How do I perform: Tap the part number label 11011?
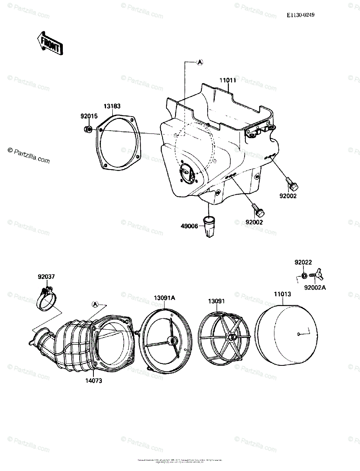(x=227, y=81)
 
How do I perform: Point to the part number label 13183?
(x=112, y=106)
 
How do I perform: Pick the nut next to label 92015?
(x=89, y=129)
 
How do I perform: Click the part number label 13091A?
(x=164, y=298)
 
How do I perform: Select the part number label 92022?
(x=303, y=262)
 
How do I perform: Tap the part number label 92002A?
(x=315, y=287)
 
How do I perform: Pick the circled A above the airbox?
(x=199, y=62)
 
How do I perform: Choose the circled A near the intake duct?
(x=95, y=304)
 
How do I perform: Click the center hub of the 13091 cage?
(x=232, y=337)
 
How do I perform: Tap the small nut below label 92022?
(x=304, y=275)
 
